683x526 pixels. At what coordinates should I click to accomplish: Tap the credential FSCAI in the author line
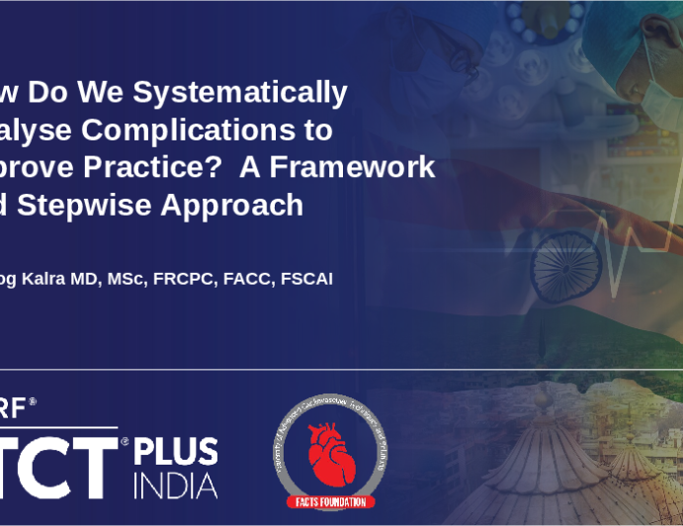click(304, 279)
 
